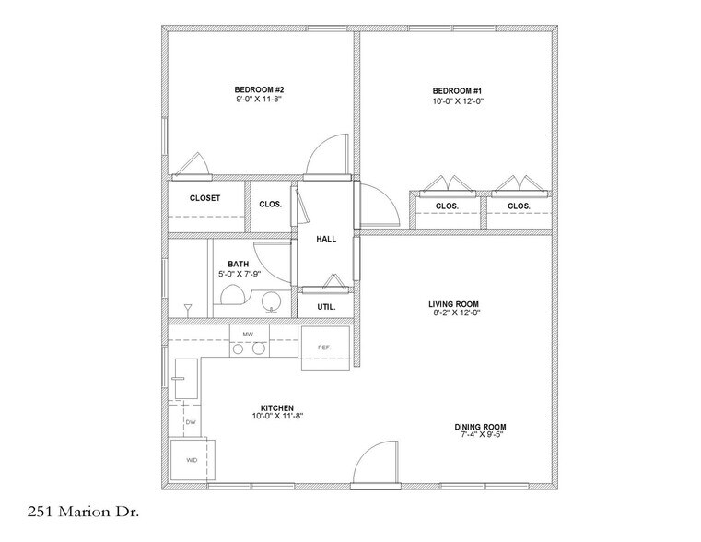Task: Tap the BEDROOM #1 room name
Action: (458, 90)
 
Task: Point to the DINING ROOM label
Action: (481, 427)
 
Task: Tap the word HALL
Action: (326, 239)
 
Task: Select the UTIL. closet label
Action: (326, 306)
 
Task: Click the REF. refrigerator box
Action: (324, 348)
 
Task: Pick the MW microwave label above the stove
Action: (248, 333)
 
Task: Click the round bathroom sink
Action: (270, 301)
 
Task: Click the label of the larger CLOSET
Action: (204, 198)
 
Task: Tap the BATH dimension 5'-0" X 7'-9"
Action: (239, 274)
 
